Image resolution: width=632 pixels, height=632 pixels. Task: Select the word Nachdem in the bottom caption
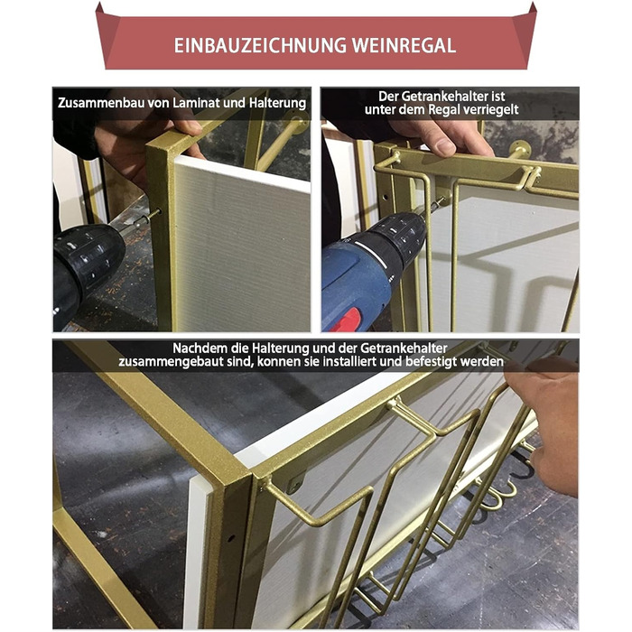(x=200, y=348)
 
